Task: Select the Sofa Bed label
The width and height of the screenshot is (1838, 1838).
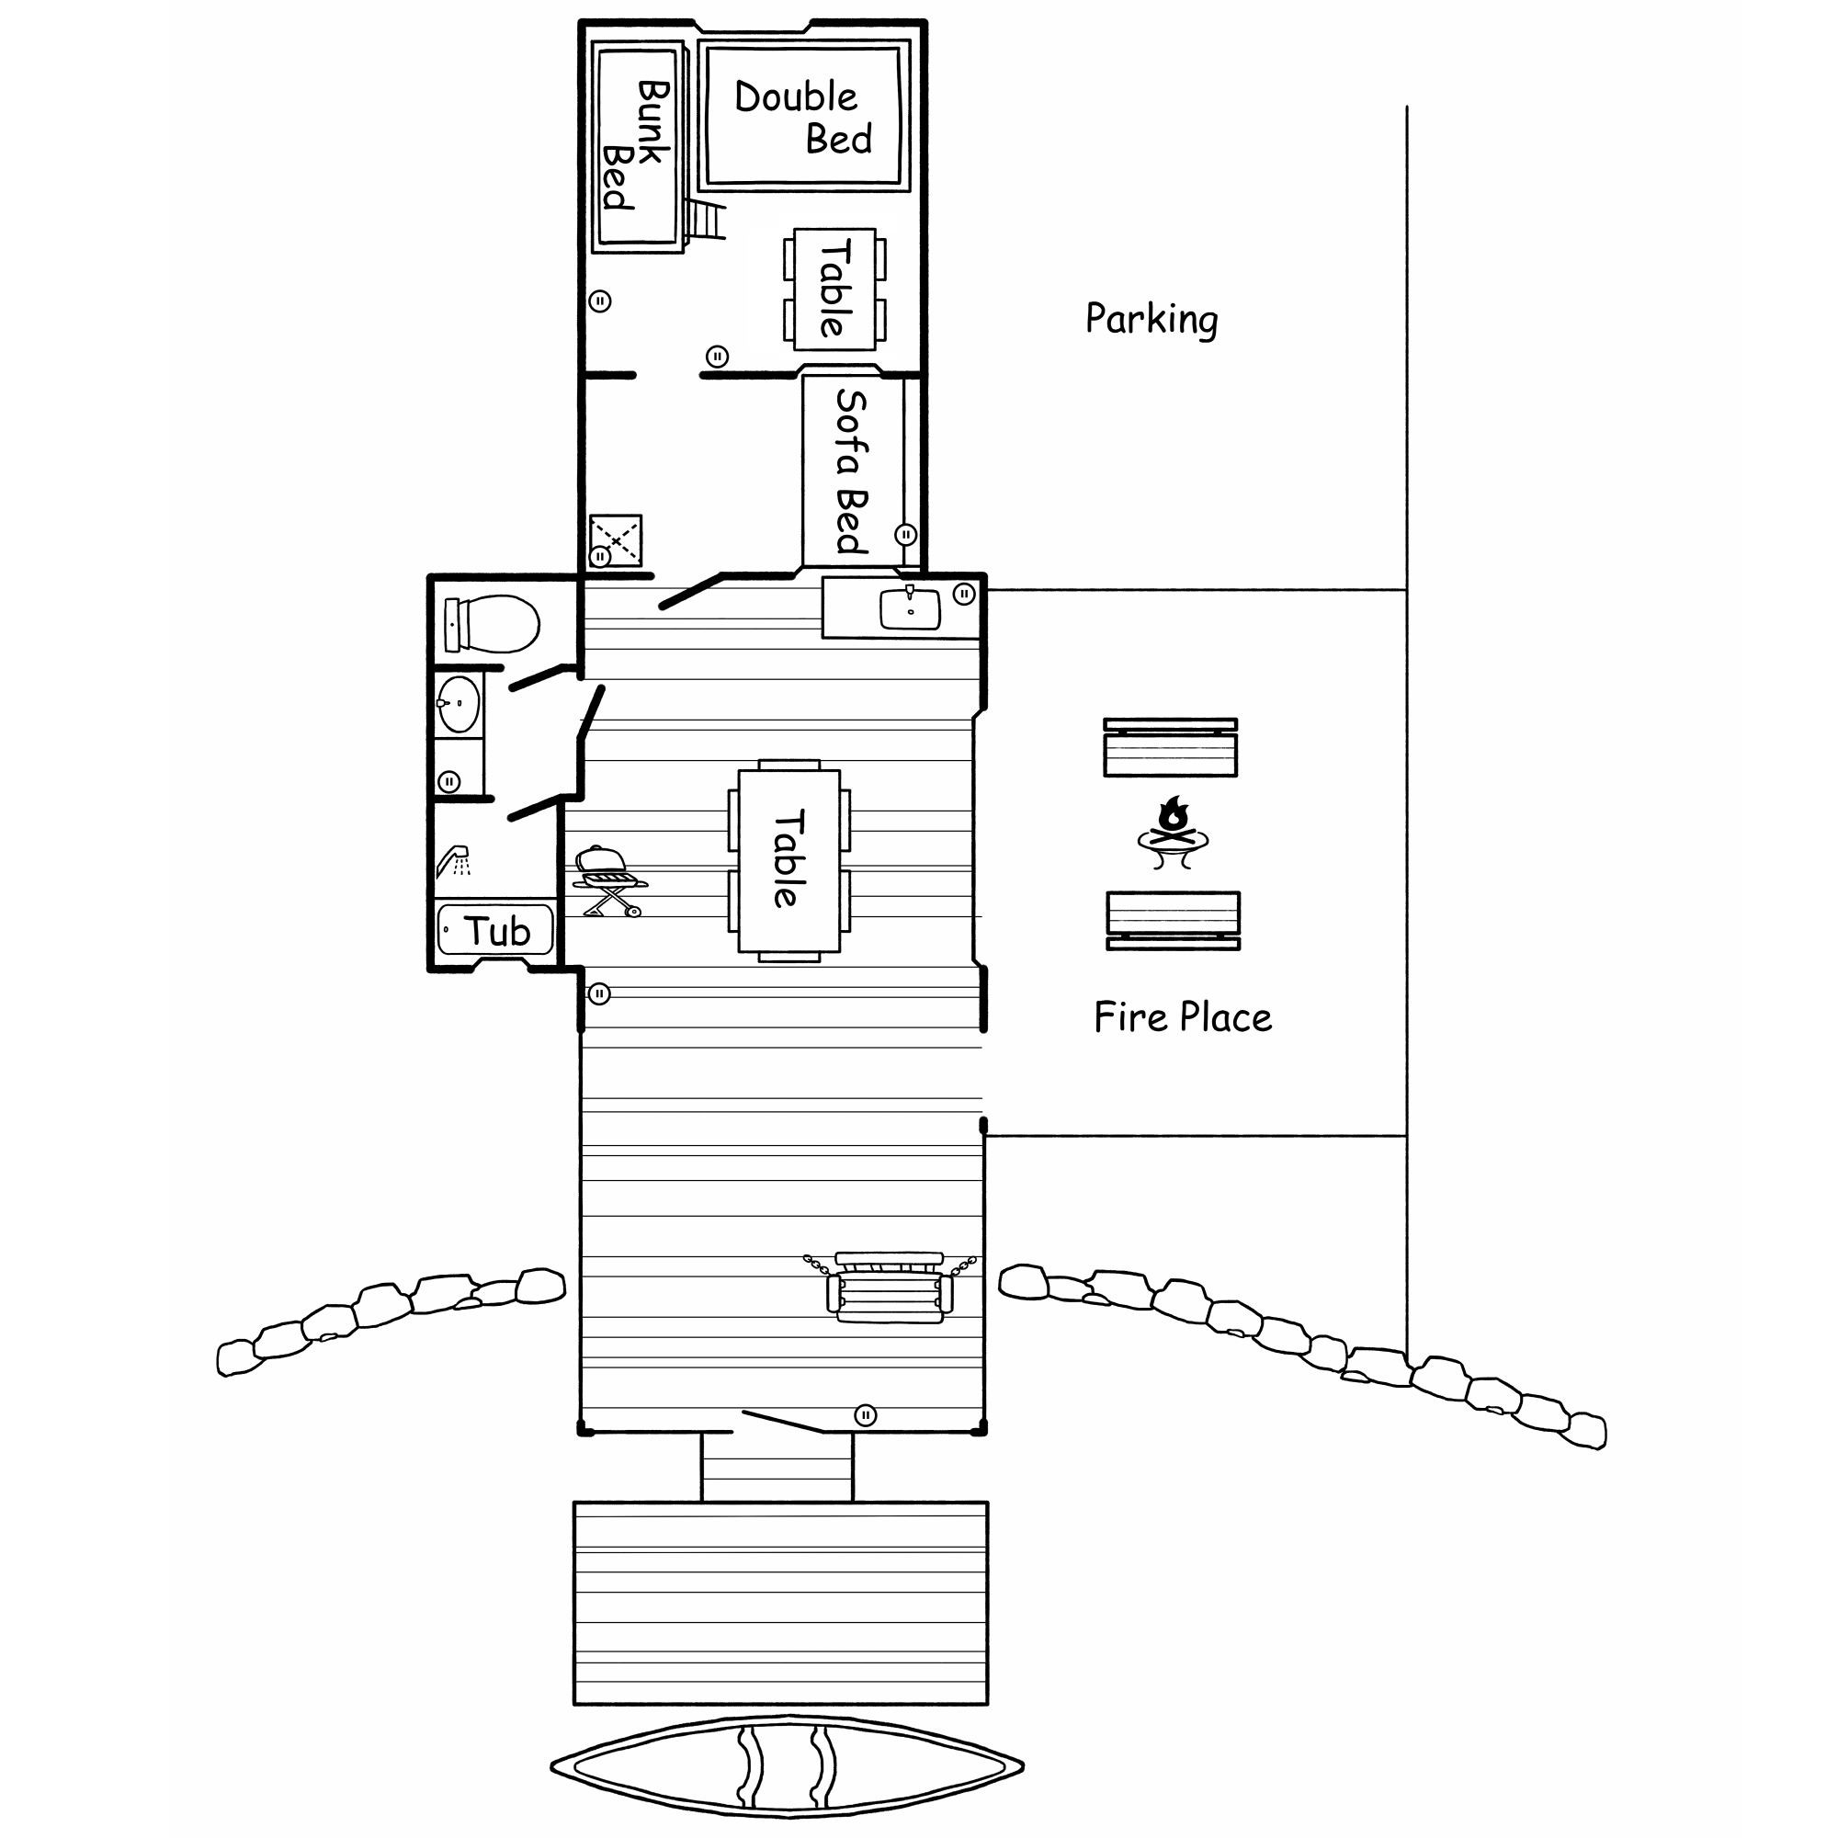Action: pos(852,471)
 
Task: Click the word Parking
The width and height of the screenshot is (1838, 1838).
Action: pos(1152,320)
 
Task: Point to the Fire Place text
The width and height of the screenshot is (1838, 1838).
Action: pos(1183,1017)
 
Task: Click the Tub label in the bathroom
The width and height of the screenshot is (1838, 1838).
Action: pos(496,931)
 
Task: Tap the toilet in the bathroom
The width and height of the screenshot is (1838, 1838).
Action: pos(492,624)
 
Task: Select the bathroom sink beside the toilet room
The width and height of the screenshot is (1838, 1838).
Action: pos(458,704)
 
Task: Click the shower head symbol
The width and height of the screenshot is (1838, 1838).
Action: pos(454,860)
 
